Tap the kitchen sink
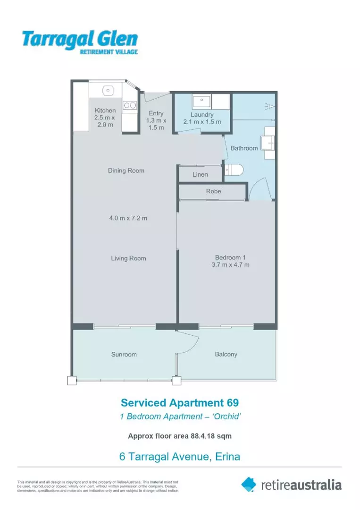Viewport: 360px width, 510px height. coord(108,90)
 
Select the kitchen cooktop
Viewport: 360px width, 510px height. coord(129,105)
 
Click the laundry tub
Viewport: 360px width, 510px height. coord(202,101)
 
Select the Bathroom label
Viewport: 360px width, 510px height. coord(244,148)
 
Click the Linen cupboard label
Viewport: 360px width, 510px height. coord(200,175)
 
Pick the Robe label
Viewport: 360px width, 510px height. coord(213,191)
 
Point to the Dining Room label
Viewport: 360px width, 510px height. coord(126,170)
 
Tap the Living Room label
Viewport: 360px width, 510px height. coord(128,258)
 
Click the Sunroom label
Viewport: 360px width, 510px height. coord(124,354)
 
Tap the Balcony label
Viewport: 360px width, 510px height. coord(226,354)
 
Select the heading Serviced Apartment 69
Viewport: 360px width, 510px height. coord(180,403)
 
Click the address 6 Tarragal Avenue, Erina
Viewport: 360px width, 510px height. coord(180,457)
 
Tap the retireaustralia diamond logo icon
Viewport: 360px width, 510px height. coord(249,484)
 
